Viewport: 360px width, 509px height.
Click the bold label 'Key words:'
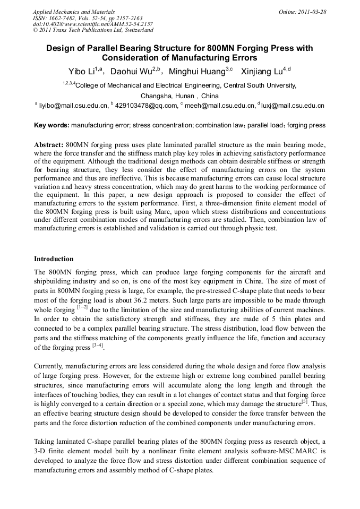(52, 125)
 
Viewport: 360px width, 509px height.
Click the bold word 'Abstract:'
(49, 145)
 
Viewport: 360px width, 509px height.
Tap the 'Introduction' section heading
(54, 259)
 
